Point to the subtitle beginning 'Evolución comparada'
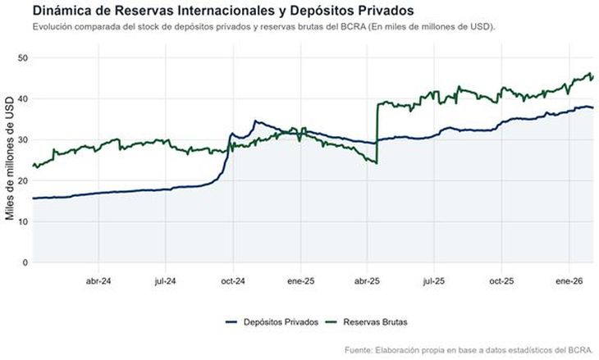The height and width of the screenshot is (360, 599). click(263, 27)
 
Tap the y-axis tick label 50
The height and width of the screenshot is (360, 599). click(24, 57)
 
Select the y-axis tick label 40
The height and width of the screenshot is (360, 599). click(24, 98)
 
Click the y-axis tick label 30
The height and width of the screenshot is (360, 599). click(24, 139)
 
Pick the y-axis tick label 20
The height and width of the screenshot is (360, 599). click(24, 180)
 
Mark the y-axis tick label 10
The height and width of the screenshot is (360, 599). click(24, 221)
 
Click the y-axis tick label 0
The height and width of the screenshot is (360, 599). click(26, 262)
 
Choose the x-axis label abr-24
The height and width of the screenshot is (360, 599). click(98, 280)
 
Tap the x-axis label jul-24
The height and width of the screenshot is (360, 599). click(166, 280)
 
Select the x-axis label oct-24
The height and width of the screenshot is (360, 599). click(233, 280)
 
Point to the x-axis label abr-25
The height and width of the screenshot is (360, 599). click(367, 280)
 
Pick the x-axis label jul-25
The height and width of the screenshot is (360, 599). click(433, 280)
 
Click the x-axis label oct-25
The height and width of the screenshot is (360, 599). click(501, 280)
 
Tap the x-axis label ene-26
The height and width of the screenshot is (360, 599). click(568, 280)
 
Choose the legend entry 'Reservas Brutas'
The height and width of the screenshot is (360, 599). click(374, 321)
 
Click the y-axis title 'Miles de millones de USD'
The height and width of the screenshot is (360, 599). click(10, 160)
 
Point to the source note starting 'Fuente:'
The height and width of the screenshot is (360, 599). click(469, 349)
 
